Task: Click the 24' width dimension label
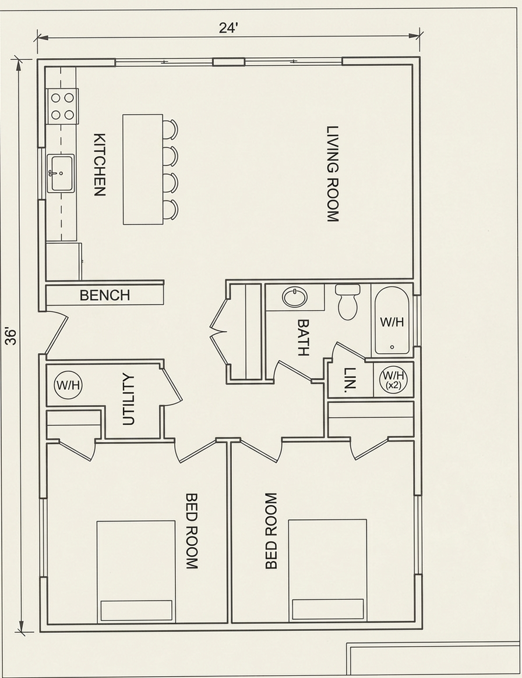228,28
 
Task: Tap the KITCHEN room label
100,165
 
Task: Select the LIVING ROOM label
333,174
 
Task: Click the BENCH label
105,295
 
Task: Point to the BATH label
304,338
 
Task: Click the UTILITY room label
129,400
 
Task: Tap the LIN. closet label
350,380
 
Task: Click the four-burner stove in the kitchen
62,106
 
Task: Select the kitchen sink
61,173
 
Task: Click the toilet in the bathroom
348,302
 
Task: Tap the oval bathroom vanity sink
295,297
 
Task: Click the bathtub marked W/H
392,320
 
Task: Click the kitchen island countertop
143,169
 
